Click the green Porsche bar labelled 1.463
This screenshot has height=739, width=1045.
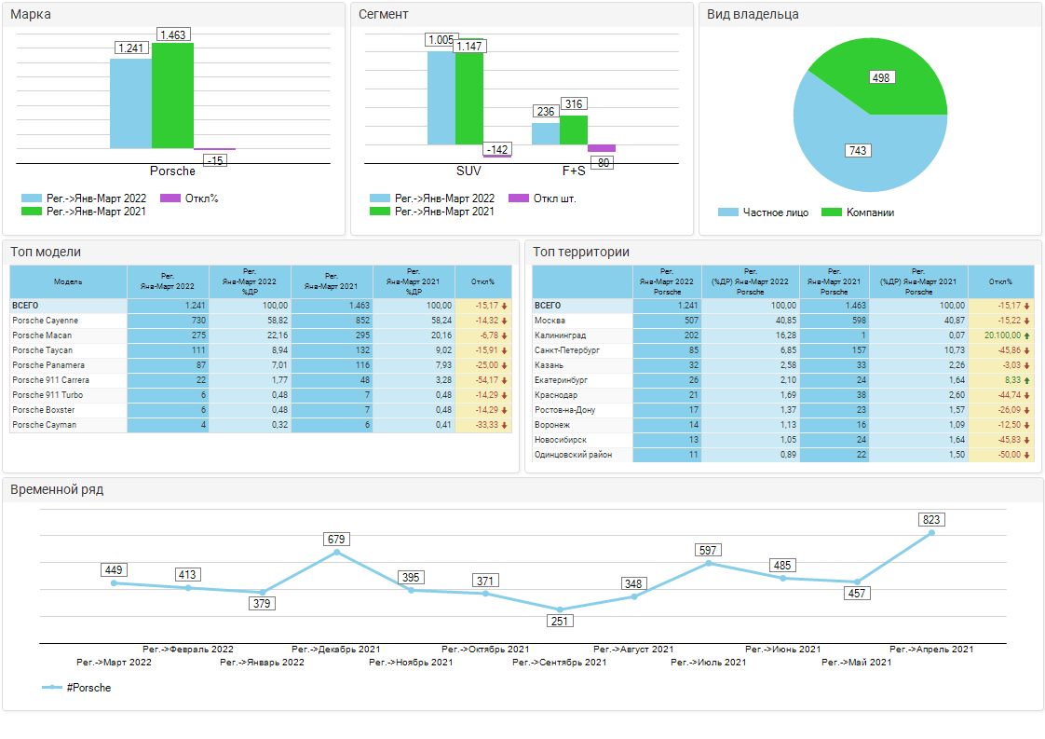click(x=172, y=96)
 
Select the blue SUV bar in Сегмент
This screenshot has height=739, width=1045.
click(x=441, y=98)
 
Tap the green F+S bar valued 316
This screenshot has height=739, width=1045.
click(x=574, y=130)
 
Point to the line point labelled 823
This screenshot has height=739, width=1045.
click(x=931, y=533)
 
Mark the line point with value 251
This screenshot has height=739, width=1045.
click(x=560, y=609)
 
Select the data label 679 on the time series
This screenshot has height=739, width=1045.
click(x=336, y=540)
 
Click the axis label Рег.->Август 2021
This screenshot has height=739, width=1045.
click(x=633, y=650)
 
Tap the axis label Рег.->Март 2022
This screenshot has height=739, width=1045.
click(x=114, y=663)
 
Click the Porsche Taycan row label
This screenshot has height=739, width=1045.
click(x=43, y=350)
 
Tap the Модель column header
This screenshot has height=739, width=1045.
click(x=68, y=281)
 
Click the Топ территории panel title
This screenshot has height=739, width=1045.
click(x=582, y=252)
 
